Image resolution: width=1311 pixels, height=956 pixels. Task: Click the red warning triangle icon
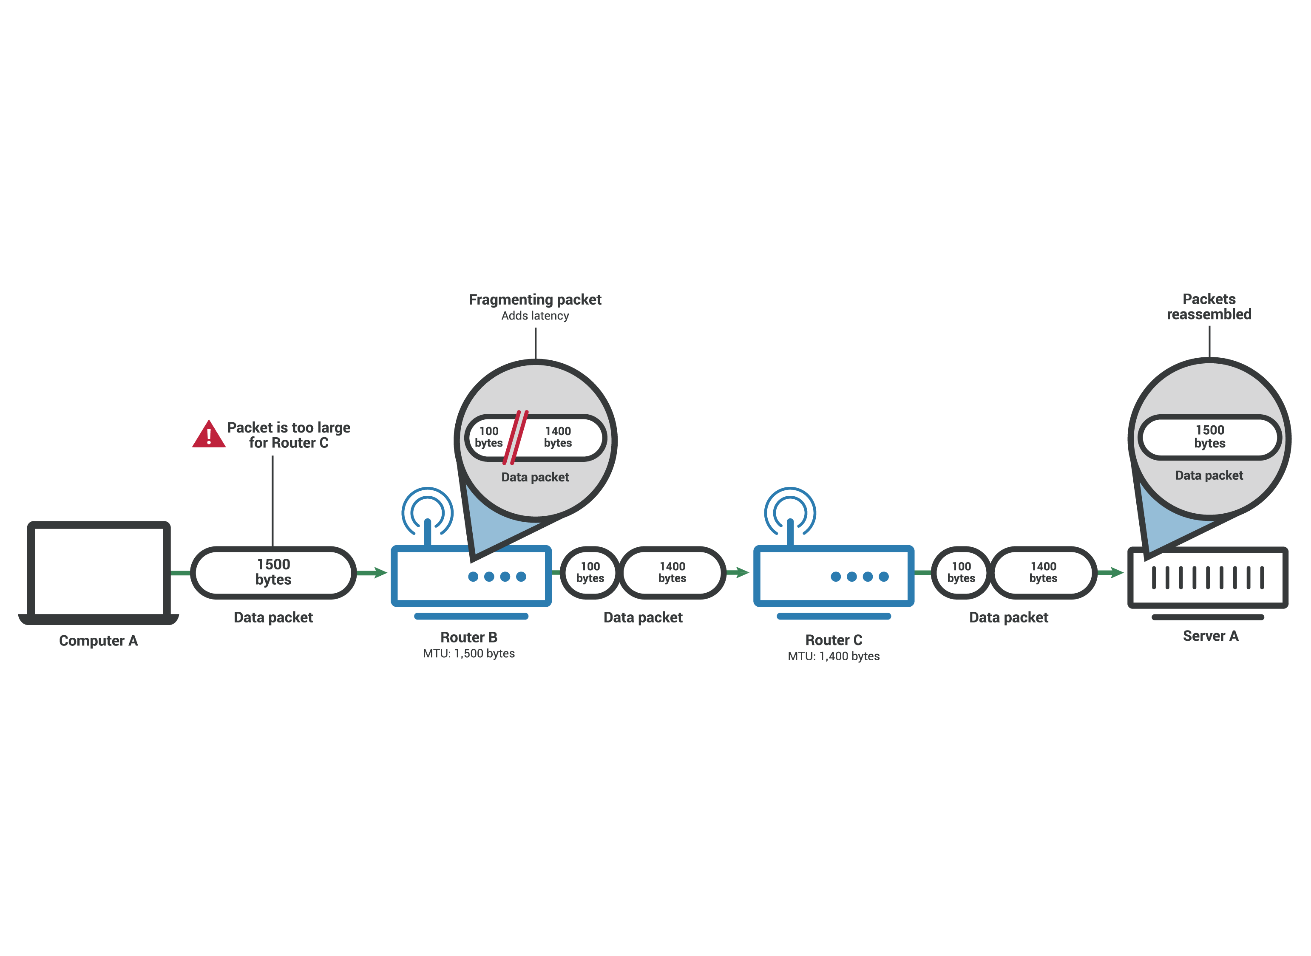208,435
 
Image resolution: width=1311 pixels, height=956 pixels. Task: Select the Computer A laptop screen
98,570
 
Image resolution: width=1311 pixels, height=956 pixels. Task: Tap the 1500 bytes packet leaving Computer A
273,572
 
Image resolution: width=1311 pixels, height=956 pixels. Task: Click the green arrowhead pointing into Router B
380,573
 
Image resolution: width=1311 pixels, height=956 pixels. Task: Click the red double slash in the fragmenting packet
515,438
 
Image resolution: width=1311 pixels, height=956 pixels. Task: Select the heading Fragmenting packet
535,300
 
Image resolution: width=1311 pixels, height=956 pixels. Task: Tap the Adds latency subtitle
535,316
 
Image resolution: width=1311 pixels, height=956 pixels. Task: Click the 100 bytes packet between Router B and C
590,572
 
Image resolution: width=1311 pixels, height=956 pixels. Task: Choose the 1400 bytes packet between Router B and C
672,572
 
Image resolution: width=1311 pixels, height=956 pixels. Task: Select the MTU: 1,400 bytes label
834,656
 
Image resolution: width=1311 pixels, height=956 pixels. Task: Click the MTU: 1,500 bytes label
469,653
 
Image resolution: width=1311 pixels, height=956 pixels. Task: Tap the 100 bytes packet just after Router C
961,572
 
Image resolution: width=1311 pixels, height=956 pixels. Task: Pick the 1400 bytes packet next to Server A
1043,572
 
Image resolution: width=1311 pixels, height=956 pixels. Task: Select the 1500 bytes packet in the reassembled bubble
1209,437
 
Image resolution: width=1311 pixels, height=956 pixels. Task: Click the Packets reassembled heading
1209,307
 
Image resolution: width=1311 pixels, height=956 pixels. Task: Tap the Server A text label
1210,636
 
